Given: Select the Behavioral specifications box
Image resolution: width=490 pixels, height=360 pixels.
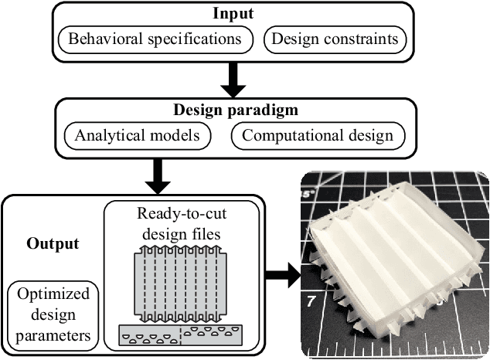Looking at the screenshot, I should tap(156, 38).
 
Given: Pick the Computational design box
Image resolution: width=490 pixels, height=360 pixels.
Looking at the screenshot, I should tap(318, 136).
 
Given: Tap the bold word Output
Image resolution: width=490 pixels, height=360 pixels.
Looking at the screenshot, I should tap(53, 244).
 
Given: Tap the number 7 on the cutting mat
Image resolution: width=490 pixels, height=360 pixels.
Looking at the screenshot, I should tap(310, 298).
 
